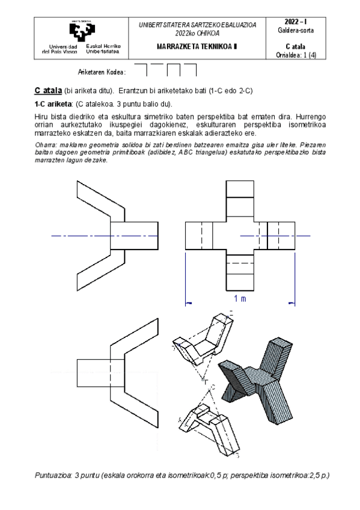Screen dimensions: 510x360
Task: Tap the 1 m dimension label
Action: pyautogui.click(x=240, y=298)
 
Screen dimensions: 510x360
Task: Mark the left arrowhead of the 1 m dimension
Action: pyautogui.click(x=187, y=303)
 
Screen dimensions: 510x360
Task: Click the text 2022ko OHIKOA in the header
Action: pyautogui.click(x=197, y=33)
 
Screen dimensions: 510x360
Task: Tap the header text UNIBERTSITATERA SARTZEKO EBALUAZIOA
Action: pyautogui.click(x=197, y=25)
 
